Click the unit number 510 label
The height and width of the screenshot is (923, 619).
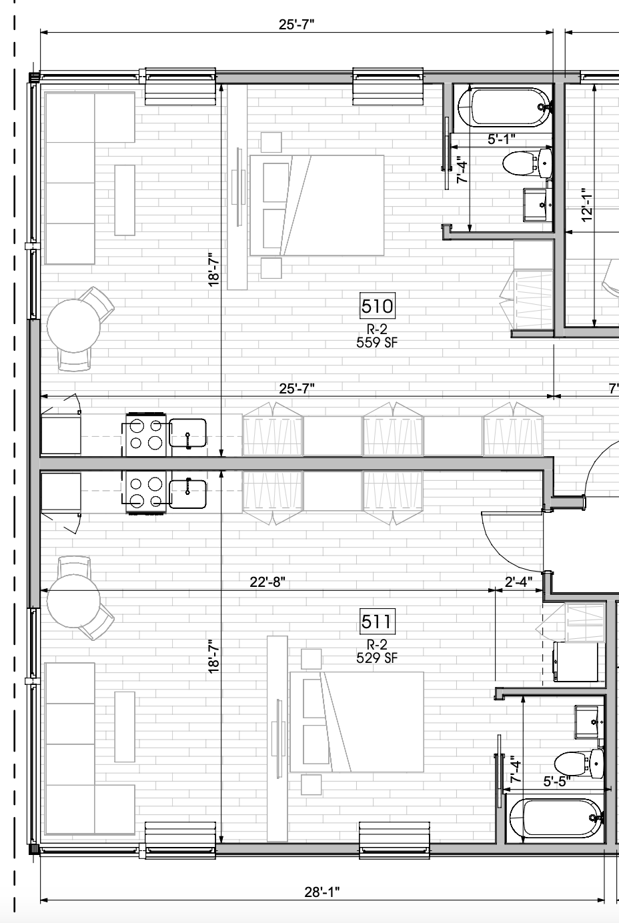377,305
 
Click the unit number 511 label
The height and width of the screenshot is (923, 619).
377,622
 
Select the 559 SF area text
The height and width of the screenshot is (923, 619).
377,343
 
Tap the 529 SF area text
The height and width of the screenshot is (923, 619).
377,658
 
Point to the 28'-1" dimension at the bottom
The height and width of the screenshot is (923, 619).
322,892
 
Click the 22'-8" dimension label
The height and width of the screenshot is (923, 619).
267,582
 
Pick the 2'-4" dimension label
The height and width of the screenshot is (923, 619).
518,582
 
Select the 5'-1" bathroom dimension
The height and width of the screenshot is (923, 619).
502,139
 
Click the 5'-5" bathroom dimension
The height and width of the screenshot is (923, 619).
557,781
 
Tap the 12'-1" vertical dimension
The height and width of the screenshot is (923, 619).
586,205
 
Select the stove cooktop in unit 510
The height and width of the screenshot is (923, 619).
146,434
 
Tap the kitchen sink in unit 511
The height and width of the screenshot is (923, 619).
187,494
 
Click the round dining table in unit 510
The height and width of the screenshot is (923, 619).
73,326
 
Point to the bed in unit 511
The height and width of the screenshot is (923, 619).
357,722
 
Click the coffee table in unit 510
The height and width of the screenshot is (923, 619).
125,200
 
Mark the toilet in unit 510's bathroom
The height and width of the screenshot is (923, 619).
527,163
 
